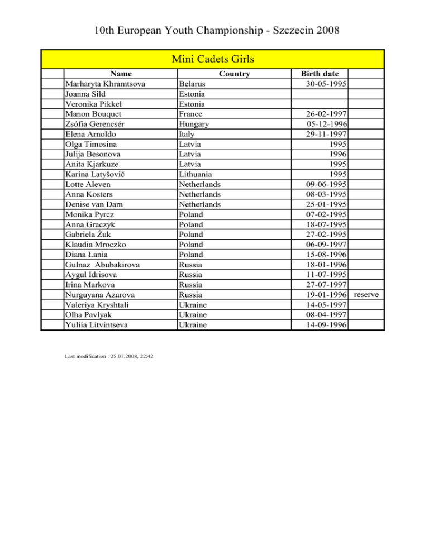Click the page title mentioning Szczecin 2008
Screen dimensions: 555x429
tap(214, 29)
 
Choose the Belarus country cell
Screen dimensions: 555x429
tap(192, 84)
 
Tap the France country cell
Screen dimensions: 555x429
tap(190, 114)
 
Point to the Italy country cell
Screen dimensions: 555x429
tap(187, 134)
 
